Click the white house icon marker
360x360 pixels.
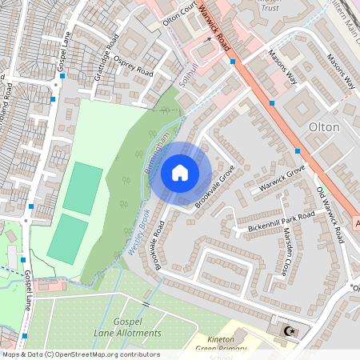[x=180, y=172]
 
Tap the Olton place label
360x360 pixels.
[x=324, y=127]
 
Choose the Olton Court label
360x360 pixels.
[x=179, y=14]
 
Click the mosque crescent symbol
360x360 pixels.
[x=289, y=330]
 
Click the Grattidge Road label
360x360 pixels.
[x=107, y=52]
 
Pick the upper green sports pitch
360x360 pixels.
[x=83, y=188]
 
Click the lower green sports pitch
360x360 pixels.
[x=67, y=239]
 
